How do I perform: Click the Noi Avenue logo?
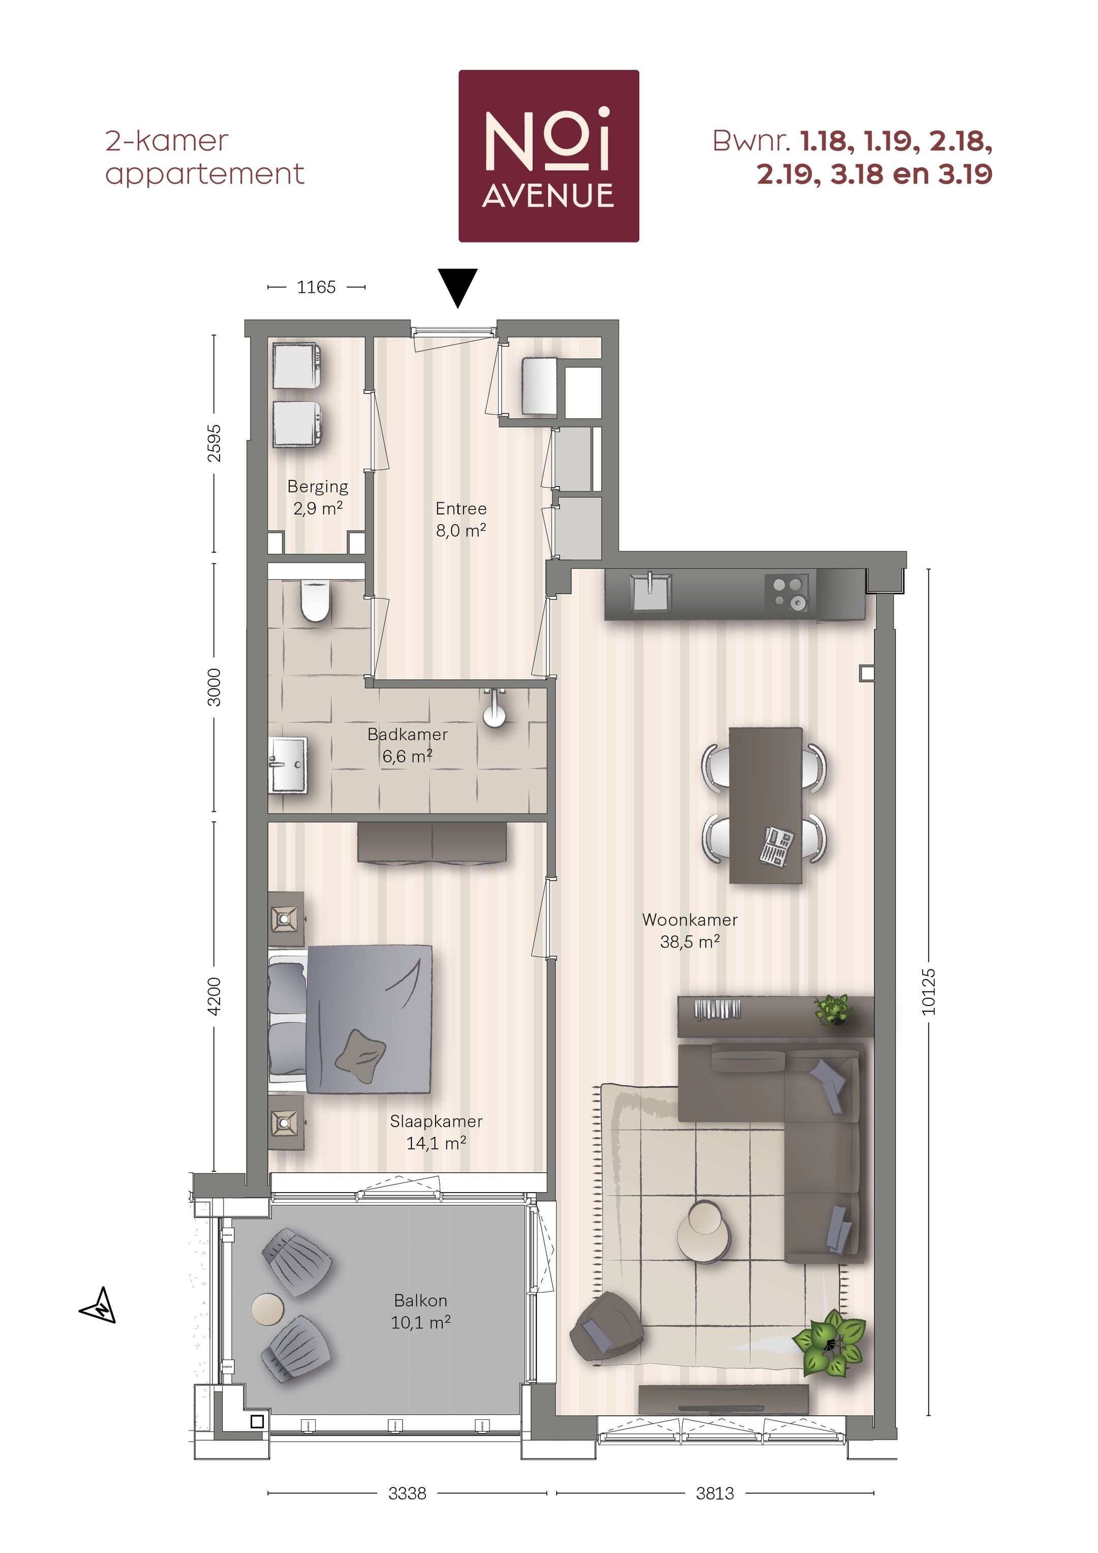(548, 156)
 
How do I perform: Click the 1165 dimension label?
(316, 287)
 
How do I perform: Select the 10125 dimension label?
(928, 992)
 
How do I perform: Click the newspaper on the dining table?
(777, 846)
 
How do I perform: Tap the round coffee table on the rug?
(704, 1230)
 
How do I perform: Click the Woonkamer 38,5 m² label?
(689, 931)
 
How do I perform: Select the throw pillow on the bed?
(360, 1056)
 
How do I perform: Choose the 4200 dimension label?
(214, 996)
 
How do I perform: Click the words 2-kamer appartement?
(204, 157)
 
